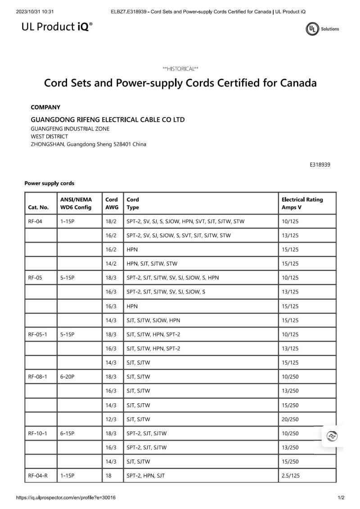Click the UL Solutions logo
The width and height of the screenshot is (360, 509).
(x=322, y=29)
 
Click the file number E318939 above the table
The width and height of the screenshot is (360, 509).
(x=320, y=165)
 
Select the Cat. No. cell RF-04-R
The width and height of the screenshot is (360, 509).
(x=37, y=475)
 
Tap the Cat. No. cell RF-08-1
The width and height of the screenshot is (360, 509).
(x=37, y=377)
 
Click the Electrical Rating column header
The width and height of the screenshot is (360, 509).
(x=302, y=203)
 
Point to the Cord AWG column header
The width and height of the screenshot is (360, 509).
(x=112, y=203)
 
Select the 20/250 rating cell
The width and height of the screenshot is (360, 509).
(x=290, y=419)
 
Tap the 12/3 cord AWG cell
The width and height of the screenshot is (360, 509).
(x=111, y=419)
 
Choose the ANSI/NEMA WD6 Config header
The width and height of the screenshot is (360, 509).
(x=76, y=203)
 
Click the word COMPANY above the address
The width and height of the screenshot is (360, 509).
(x=45, y=107)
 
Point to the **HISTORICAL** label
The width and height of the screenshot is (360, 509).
(x=180, y=69)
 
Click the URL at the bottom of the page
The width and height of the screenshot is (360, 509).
(x=66, y=498)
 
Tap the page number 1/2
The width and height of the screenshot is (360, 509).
(x=341, y=498)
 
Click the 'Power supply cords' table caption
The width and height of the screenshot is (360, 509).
(x=49, y=183)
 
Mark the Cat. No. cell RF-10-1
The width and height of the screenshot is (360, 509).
(x=37, y=433)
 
